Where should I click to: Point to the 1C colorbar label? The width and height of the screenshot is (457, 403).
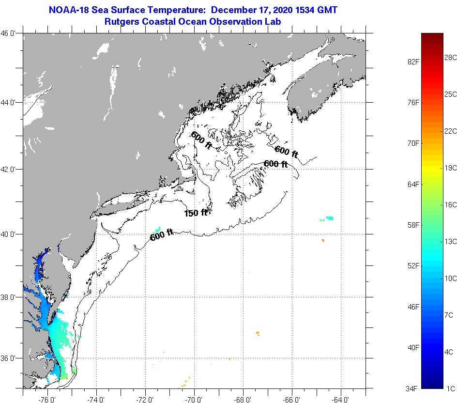pyautogui.click(x=449, y=388)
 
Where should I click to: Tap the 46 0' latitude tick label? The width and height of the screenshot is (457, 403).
pyautogui.click(x=11, y=33)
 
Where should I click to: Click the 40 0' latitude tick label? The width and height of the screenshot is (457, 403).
pyautogui.click(x=11, y=234)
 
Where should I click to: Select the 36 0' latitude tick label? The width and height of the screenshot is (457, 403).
pyautogui.click(x=11, y=358)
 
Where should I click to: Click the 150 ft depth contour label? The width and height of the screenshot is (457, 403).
pyautogui.click(x=196, y=213)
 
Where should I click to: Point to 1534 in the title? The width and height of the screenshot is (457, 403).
pyautogui.click(x=308, y=10)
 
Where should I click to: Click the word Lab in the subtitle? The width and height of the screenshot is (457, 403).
pyautogui.click(x=273, y=22)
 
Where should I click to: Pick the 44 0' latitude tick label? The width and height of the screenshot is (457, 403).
pyautogui.click(x=11, y=103)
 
